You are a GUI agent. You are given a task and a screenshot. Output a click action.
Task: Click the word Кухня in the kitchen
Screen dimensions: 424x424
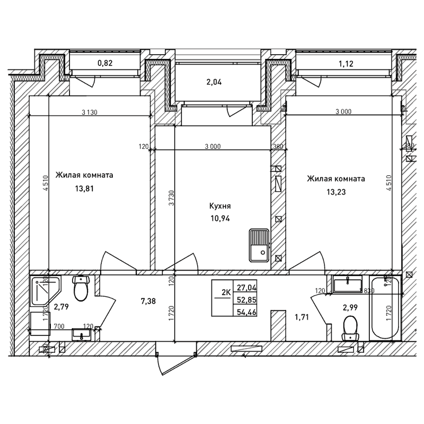click(x=219, y=207)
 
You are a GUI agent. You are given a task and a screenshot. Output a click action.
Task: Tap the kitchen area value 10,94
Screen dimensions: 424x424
click(x=219, y=218)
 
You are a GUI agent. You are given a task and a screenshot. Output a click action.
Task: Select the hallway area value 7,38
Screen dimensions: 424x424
click(x=148, y=302)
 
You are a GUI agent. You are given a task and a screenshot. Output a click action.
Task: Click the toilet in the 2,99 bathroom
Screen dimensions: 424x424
click(x=350, y=328)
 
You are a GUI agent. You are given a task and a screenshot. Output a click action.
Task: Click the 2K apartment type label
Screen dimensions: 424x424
click(x=225, y=293)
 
